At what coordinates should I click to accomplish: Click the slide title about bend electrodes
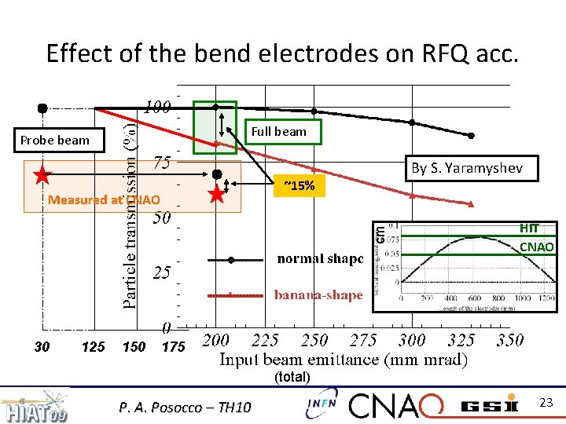coord(282,53)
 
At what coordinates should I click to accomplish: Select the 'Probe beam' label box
coord(55,141)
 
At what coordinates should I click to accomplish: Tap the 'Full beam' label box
coord(278,132)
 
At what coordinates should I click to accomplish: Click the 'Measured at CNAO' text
coord(104,199)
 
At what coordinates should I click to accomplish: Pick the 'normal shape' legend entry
coord(319,258)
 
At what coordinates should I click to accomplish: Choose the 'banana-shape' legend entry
coord(318,295)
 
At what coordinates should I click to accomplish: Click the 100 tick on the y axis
coord(157,106)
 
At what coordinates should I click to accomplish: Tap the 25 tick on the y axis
coord(161,273)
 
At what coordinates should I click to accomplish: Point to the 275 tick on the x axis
coord(363,341)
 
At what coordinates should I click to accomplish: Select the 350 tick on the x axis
coord(510,341)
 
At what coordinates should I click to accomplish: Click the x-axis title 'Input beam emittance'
coord(344,360)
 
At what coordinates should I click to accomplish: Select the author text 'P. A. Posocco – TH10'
coord(185,407)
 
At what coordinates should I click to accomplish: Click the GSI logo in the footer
coord(488,405)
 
